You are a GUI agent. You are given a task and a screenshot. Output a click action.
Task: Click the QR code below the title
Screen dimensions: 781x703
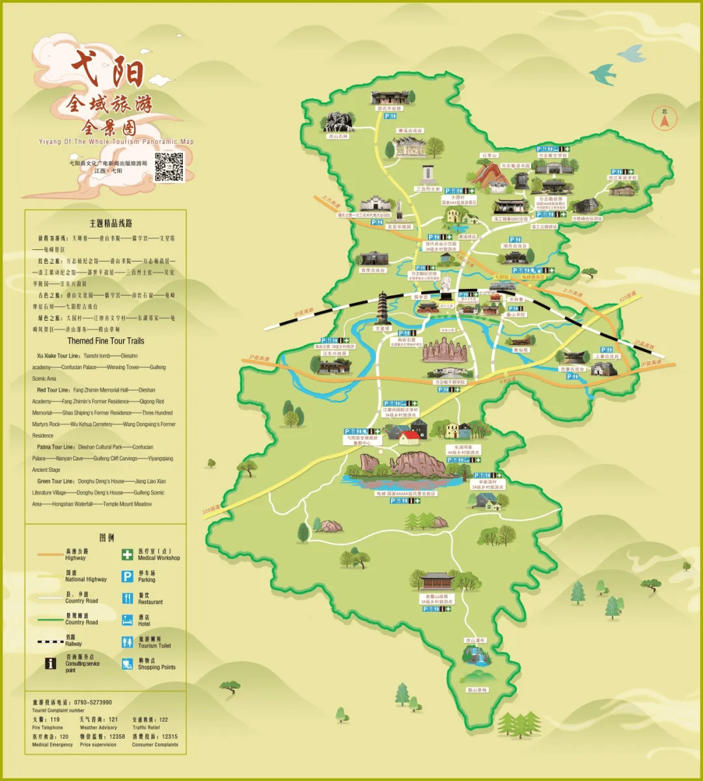pos(169,167)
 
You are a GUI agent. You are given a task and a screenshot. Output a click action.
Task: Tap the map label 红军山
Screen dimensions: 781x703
pos(489,156)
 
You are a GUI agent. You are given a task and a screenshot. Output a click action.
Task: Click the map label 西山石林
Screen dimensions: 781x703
pos(338,136)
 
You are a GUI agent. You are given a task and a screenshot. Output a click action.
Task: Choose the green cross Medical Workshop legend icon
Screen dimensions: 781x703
pos(127,555)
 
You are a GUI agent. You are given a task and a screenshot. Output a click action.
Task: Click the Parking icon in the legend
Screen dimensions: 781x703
pos(127,577)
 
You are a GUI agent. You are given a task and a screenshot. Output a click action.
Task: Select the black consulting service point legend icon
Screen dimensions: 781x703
pos(50,664)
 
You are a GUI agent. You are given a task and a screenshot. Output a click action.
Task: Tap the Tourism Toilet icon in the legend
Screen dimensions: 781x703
pos(127,642)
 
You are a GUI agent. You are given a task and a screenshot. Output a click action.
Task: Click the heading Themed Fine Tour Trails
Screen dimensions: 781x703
pos(105,341)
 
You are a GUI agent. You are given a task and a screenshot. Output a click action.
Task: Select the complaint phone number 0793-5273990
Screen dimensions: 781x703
pos(91,702)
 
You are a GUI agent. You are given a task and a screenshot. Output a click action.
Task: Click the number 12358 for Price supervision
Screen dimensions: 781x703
pos(117,737)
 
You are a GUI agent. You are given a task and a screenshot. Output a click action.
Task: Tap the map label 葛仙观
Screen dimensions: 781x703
pos(521,349)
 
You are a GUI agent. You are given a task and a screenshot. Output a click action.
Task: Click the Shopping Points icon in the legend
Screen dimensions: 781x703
pos(127,664)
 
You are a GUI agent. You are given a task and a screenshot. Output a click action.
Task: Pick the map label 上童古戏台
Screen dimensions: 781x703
pos(607,357)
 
